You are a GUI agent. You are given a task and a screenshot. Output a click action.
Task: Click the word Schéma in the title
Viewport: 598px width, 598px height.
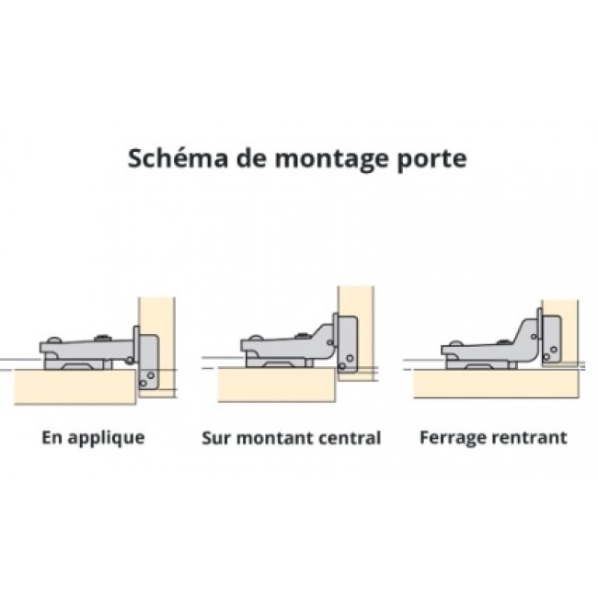pos(178,158)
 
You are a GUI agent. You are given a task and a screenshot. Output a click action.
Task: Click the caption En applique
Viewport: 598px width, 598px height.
pos(93,438)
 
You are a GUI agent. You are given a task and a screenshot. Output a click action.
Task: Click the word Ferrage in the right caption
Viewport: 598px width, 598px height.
pos(452,438)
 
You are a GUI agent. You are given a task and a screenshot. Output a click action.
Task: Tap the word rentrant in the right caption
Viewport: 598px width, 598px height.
pos(528,438)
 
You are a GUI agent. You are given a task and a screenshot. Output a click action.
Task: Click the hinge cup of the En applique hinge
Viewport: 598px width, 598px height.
pos(148,362)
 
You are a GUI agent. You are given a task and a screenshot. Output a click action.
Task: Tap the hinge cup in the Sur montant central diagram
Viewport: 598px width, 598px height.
pos(348,344)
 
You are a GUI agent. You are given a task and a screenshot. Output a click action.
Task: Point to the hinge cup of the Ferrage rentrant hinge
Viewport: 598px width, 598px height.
pos(551,339)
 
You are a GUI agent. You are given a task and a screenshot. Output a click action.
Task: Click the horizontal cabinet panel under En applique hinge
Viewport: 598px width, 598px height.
pos(75,386)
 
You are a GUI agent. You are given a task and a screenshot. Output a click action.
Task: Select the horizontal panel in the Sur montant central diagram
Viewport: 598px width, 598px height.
pos(277,384)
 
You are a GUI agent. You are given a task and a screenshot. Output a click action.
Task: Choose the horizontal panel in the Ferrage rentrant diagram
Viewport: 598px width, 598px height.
pos(497,384)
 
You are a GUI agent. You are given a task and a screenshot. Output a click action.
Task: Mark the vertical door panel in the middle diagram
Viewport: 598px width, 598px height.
pos(356,334)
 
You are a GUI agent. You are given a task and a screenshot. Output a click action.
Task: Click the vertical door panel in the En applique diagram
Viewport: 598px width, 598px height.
pos(157,348)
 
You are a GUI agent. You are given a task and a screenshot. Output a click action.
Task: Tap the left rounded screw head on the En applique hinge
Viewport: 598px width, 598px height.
pos(53,340)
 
